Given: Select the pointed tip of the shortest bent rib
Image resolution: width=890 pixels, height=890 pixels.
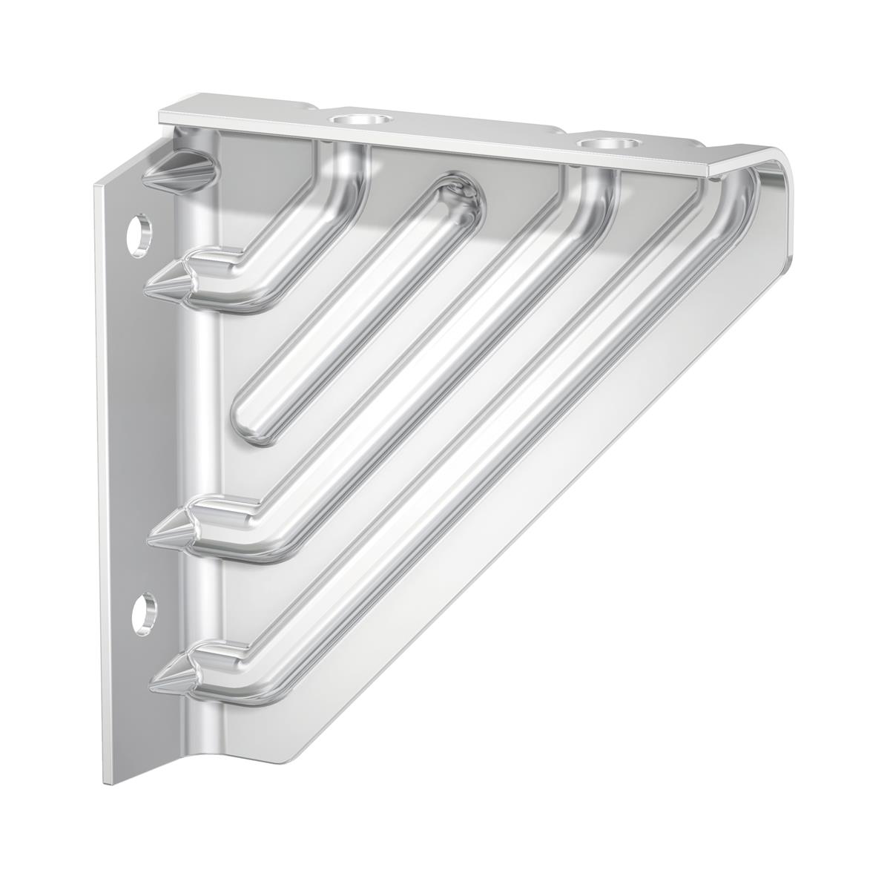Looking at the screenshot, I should coord(158,283).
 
